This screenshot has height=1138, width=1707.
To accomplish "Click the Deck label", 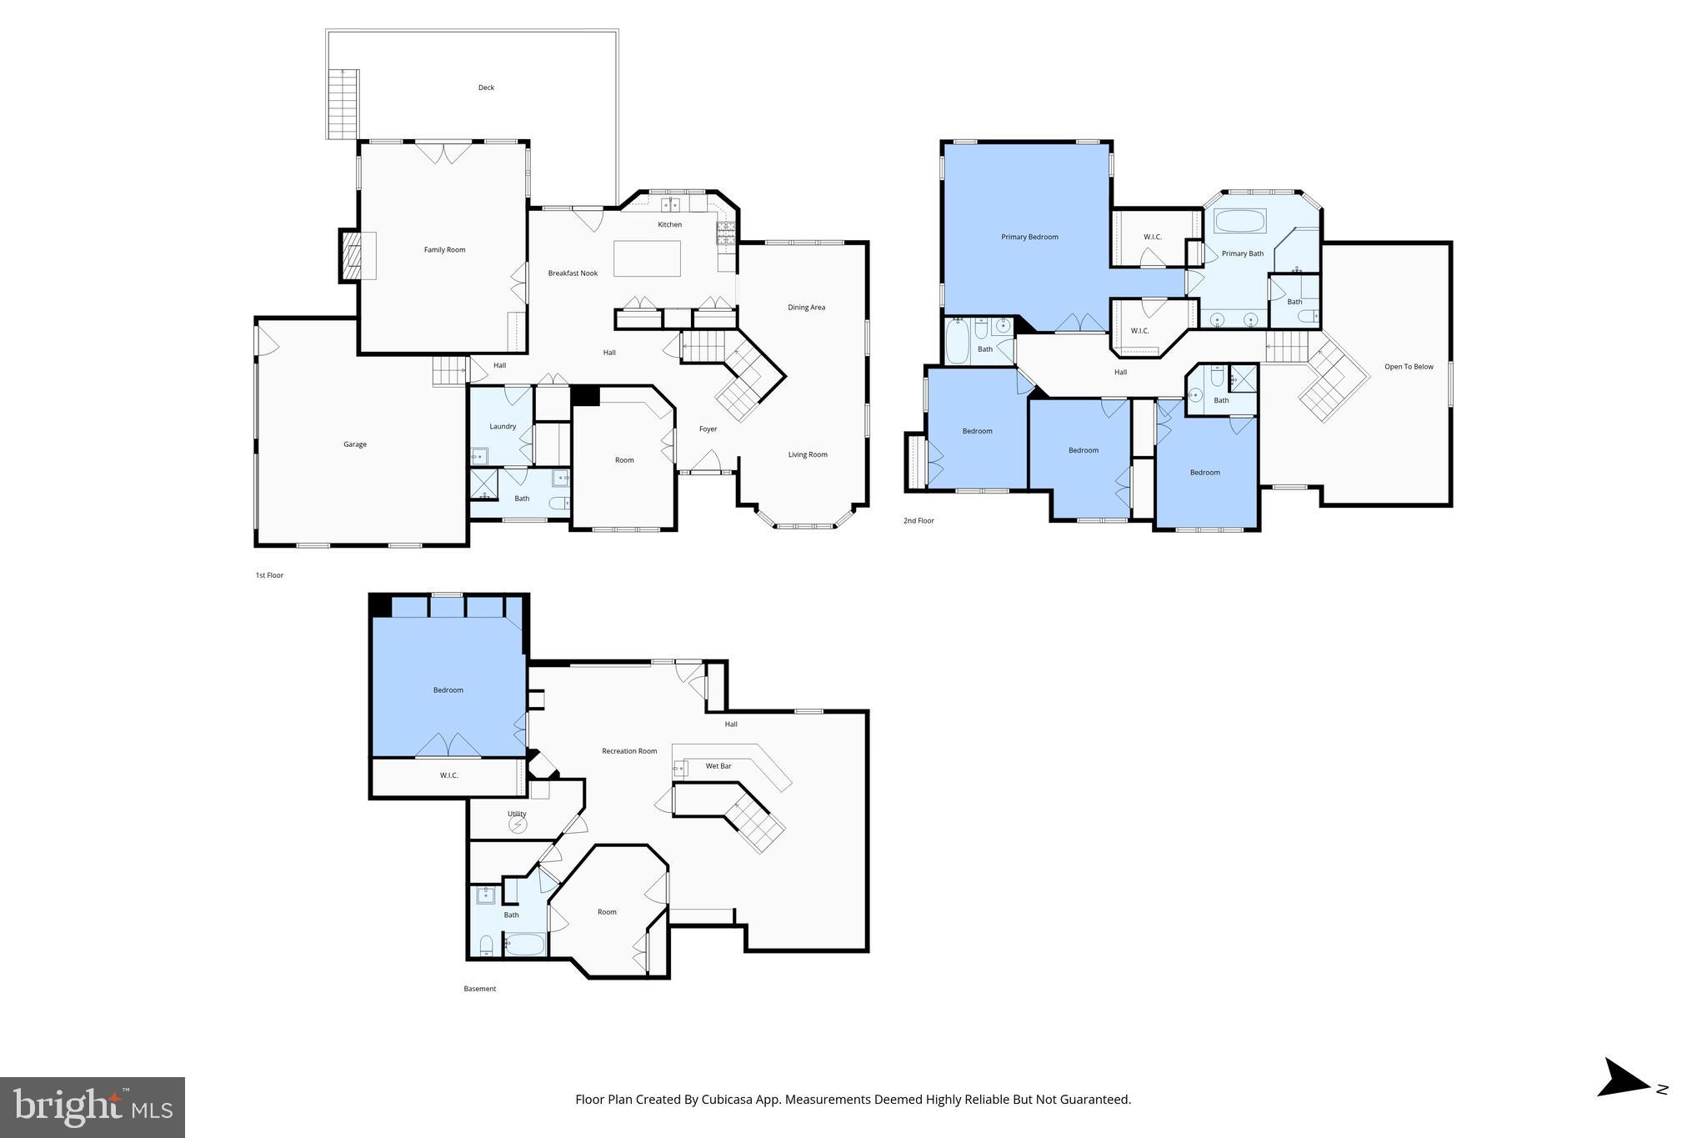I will (x=486, y=88).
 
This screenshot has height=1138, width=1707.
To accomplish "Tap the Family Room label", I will (x=444, y=250).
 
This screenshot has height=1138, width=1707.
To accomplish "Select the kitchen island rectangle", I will (x=647, y=258).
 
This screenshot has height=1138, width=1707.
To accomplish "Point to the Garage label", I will (x=355, y=444).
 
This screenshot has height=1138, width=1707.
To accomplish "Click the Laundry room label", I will (x=503, y=427).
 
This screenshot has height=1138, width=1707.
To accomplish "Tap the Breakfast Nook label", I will (x=573, y=273).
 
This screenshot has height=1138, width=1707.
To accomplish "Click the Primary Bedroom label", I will (x=1029, y=237).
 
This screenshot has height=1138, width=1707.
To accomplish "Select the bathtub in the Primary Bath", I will (x=1239, y=222).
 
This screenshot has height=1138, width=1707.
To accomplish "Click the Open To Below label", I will (x=1409, y=367).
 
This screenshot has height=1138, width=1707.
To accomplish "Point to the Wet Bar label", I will (x=718, y=766).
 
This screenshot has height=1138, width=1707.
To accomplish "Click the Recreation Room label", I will (x=629, y=751).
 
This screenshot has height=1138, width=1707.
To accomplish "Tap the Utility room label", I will (x=517, y=814).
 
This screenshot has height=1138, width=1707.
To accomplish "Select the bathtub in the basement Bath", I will (x=525, y=945).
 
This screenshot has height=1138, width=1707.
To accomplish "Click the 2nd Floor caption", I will (x=919, y=521).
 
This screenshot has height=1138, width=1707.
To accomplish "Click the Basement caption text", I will (x=479, y=989).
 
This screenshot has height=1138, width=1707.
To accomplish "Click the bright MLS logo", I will (x=92, y=1107).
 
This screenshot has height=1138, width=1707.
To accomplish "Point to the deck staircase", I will (x=343, y=104).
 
